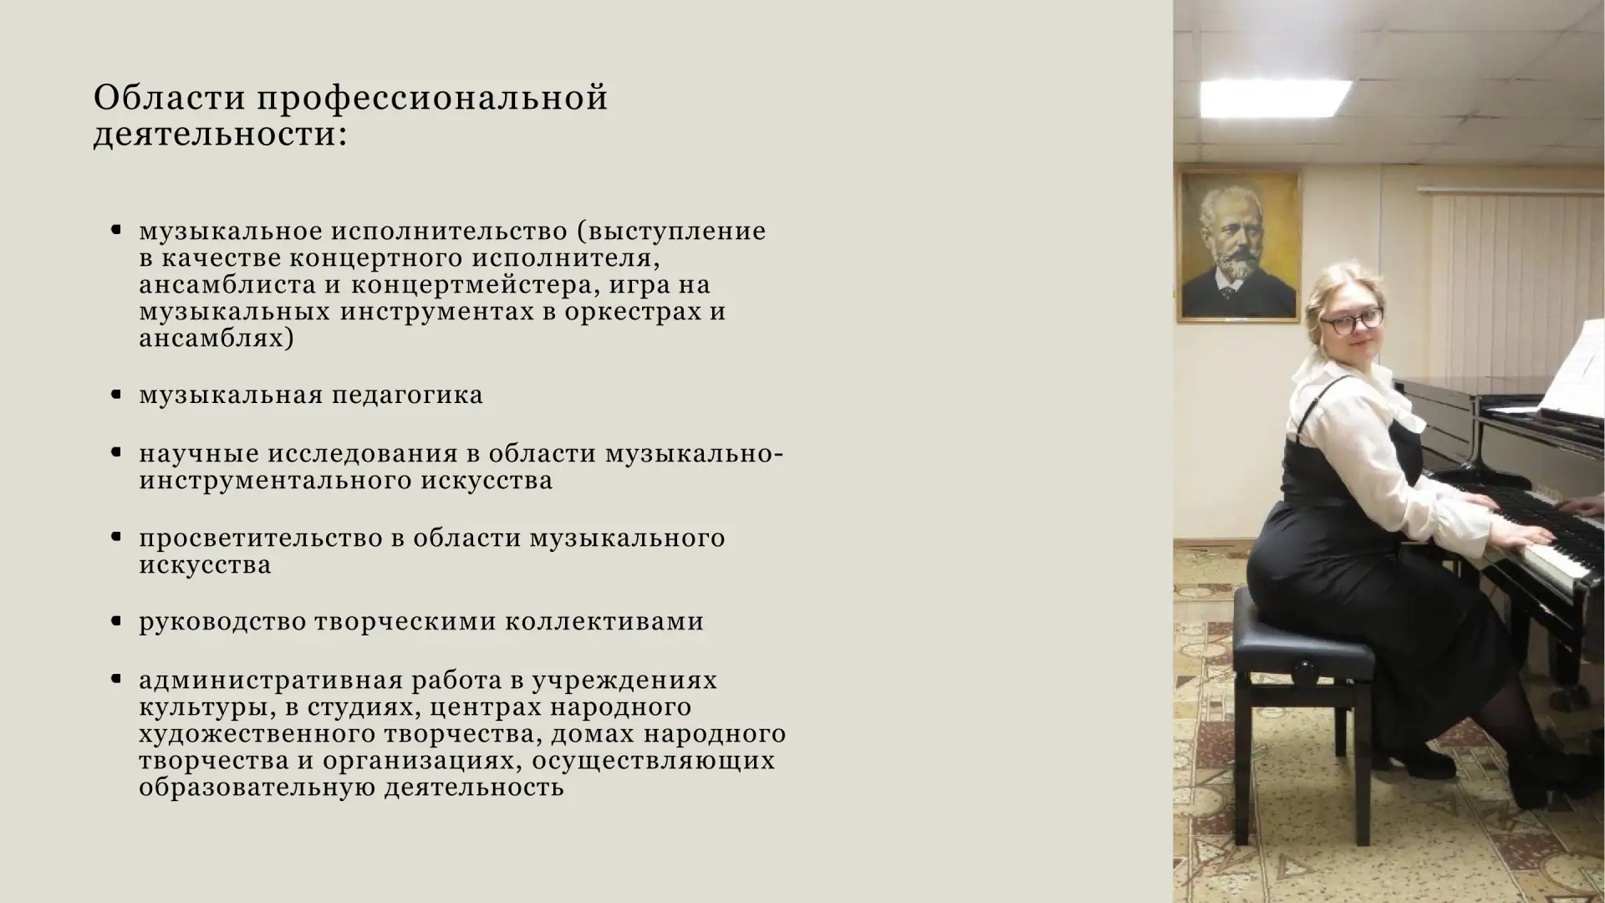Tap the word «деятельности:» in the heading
(x=220, y=135)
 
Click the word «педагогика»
(x=407, y=395)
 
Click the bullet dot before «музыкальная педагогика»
(x=117, y=395)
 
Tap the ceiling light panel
(x=1275, y=97)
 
